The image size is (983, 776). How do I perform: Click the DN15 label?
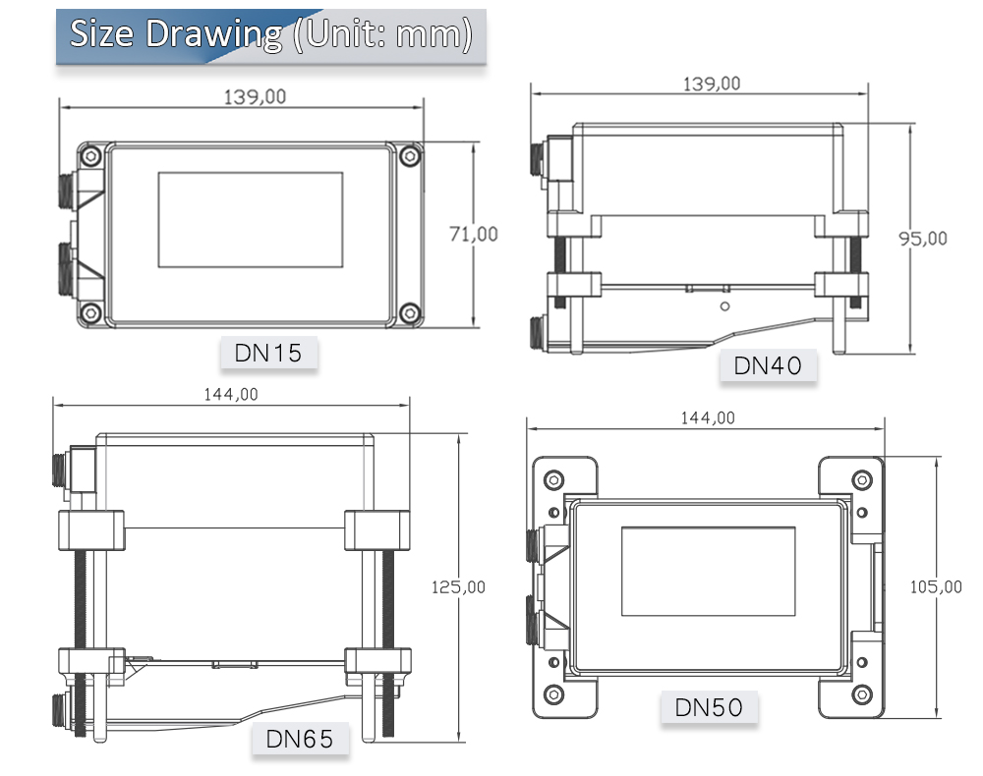coord(268,353)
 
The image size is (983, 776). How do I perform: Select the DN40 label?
coord(768,366)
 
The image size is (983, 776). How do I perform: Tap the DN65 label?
coord(300,738)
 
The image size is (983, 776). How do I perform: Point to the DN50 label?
coord(709,706)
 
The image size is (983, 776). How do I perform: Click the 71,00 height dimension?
coord(473,234)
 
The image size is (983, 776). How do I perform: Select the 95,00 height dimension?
coord(923,238)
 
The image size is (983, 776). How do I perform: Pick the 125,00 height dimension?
coord(459,587)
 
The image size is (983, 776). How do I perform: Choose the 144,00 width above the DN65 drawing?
coord(231,394)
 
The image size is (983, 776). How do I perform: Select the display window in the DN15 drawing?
coord(251,220)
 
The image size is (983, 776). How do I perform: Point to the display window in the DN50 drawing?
coord(708,572)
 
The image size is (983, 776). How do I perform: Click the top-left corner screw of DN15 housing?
coord(90,155)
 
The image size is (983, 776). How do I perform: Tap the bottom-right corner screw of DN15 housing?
coord(410,313)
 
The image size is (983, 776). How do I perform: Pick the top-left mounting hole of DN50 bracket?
coord(554,479)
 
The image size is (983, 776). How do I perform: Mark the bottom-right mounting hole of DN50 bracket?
coord(861,693)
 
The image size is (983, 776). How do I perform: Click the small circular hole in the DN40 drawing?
coord(724,306)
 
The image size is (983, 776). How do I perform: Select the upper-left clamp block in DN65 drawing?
coord(92,531)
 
